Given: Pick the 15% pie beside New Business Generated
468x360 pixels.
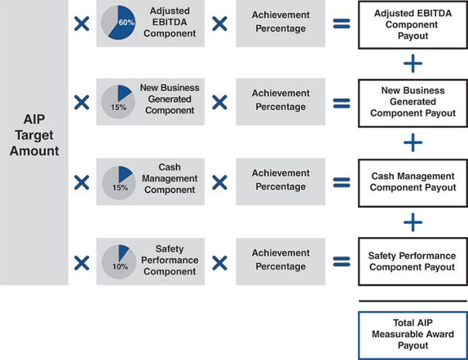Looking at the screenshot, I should tap(118, 101).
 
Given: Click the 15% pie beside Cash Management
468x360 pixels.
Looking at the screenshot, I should tap(118, 181).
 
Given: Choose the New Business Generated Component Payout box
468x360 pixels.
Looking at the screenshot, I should tap(413, 102).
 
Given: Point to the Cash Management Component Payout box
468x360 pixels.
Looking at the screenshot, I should tap(413, 182).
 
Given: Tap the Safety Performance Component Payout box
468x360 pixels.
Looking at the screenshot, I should tap(413, 261).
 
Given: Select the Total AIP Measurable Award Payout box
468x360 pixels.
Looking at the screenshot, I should tap(413, 335).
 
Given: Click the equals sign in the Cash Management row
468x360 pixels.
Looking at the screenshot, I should tap(342, 182).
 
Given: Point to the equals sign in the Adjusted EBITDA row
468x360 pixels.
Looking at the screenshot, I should tap(342, 24).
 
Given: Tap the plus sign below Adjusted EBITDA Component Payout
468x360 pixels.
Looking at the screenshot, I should tap(413, 64).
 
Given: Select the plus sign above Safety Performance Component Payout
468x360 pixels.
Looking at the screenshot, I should tap(413, 222).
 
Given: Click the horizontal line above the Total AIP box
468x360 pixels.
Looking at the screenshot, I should tap(413, 301).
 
